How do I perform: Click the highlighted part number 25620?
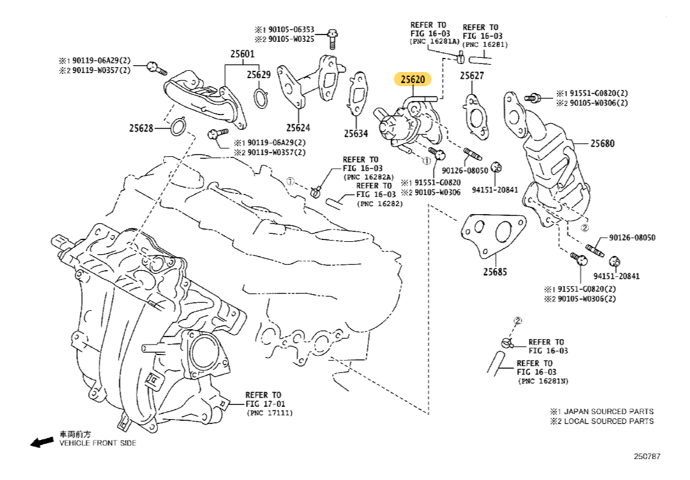click(x=413, y=79)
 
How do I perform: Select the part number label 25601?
click(x=242, y=54)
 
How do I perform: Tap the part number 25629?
click(x=259, y=74)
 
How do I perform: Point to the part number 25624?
click(x=298, y=128)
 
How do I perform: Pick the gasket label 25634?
click(x=355, y=133)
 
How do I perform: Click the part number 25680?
click(x=602, y=143)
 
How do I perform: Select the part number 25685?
click(x=494, y=271)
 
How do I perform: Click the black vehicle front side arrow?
click(x=42, y=442)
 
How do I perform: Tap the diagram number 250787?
click(x=647, y=456)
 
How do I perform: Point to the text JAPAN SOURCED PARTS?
click(x=609, y=411)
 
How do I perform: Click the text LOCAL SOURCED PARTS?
click(x=609, y=421)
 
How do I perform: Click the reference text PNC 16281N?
click(x=543, y=382)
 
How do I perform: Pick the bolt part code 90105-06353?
click(x=293, y=30)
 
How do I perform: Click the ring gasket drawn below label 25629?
click(x=261, y=98)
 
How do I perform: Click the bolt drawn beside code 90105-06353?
click(x=333, y=36)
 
